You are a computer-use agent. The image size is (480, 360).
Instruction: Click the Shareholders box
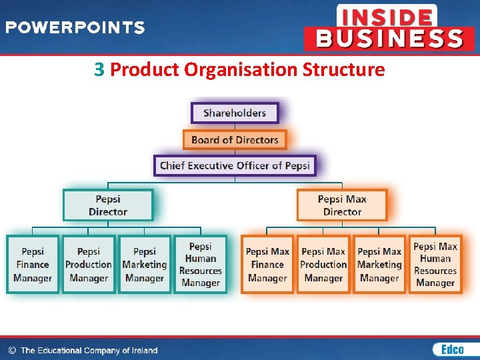click(235, 113)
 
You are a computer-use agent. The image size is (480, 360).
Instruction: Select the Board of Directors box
click(235, 139)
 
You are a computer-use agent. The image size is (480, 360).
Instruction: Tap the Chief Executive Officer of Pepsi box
click(235, 165)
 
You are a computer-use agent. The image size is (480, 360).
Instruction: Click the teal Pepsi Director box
click(108, 205)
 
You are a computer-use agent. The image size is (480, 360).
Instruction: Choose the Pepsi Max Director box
click(342, 205)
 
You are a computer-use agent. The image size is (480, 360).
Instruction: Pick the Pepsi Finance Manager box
click(33, 265)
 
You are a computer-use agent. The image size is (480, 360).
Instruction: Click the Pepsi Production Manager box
click(89, 265)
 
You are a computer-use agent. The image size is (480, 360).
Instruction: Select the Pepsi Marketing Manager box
click(144, 265)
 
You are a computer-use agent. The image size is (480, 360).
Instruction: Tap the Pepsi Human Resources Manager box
click(200, 265)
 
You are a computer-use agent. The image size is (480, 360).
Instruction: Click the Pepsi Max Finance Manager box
click(267, 265)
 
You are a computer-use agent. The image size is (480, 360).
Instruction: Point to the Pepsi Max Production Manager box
click(323, 265)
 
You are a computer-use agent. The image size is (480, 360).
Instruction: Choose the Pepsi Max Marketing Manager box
click(379, 265)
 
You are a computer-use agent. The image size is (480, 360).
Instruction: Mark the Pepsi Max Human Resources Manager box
click(435, 265)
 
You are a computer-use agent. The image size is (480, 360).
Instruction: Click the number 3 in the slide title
click(99, 69)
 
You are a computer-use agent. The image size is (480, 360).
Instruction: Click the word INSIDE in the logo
click(387, 17)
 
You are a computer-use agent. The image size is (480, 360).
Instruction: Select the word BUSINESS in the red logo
click(389, 38)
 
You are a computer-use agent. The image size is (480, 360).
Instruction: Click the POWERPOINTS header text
click(75, 28)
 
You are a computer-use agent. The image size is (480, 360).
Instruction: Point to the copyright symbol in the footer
click(11, 350)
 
